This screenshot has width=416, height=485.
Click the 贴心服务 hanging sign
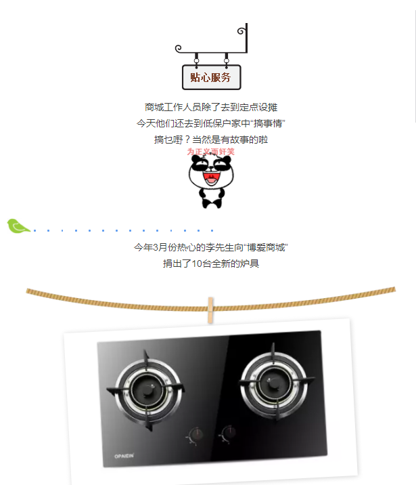(211, 77)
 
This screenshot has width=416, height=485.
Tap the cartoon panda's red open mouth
(210, 178)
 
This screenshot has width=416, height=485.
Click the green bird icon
(18, 226)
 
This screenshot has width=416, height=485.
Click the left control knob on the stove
(195, 435)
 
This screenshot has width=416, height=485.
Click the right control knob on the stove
(229, 431)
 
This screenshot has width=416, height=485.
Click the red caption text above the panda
(210, 151)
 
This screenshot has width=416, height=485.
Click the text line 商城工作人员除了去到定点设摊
(211, 107)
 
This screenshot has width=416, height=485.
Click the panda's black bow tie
(211, 201)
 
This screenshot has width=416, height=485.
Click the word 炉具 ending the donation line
(250, 263)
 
